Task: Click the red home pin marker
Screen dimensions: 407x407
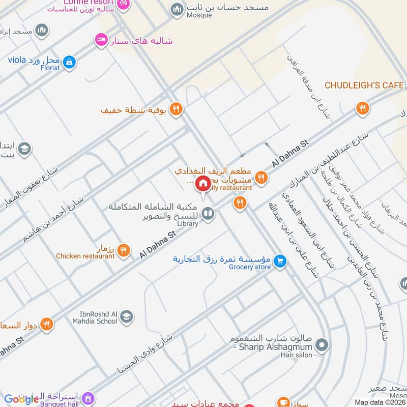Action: pyautogui.click(x=203, y=183)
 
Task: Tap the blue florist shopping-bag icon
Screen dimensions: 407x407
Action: pyautogui.click(x=70, y=63)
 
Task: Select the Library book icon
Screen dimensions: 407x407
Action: pyautogui.click(x=207, y=214)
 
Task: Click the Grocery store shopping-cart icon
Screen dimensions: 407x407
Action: pyautogui.click(x=279, y=261)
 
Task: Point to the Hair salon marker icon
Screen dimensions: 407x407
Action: pyautogui.click(x=321, y=346)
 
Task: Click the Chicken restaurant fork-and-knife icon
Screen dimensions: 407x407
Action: pyautogui.click(x=123, y=250)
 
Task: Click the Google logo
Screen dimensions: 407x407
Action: pyautogui.click(x=21, y=399)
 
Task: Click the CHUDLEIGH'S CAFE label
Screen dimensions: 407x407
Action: pyautogui.click(x=364, y=85)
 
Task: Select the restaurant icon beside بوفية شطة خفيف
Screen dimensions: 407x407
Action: pyautogui.click(x=176, y=109)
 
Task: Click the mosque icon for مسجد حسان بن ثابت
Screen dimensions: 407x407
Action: pyautogui.click(x=177, y=9)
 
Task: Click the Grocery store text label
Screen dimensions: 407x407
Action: pyautogui.click(x=249, y=267)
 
